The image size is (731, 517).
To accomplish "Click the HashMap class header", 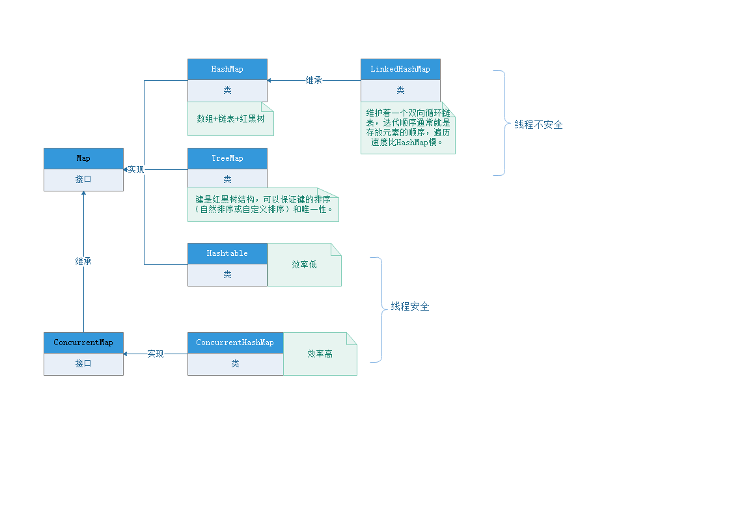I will (x=227, y=69).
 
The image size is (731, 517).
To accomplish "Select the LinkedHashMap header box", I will (x=400, y=69).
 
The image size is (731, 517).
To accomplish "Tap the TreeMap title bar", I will (x=227, y=158).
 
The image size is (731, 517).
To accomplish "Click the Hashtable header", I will (x=227, y=253).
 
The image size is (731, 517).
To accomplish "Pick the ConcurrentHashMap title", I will (x=235, y=342).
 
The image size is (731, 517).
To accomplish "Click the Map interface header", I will (x=83, y=158).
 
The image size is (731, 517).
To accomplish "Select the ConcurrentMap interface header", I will (x=83, y=342).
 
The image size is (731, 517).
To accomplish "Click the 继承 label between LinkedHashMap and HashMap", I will (x=314, y=81).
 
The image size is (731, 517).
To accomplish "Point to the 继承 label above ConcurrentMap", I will (x=83, y=261).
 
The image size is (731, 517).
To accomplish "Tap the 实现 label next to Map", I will (x=135, y=169).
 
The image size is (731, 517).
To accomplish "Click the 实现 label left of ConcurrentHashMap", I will (x=156, y=354).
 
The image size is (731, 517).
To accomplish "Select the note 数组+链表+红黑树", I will (x=230, y=119).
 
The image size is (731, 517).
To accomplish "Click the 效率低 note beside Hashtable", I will (x=304, y=265).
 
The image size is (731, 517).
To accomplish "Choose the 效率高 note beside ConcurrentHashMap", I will (x=320, y=354).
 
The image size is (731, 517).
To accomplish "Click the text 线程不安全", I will (x=538, y=124).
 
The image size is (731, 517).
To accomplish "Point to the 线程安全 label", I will (x=410, y=307).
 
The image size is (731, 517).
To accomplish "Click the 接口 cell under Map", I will (x=83, y=179).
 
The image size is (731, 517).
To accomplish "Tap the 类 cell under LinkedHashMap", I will (x=400, y=90).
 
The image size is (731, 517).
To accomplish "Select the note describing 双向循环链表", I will (x=407, y=128).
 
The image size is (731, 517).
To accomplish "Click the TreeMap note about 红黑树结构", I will (x=263, y=204).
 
